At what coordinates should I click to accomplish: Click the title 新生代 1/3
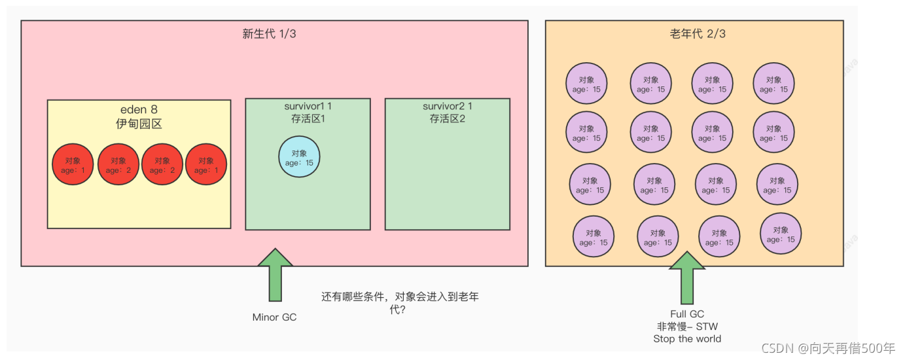(x=269, y=33)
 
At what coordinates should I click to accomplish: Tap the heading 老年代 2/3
(x=697, y=33)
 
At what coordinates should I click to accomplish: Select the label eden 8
(x=139, y=110)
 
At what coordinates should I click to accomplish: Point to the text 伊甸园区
(x=139, y=124)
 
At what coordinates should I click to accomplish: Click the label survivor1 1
(x=308, y=106)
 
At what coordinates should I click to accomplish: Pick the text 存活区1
(x=308, y=119)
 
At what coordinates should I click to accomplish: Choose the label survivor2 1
(x=447, y=106)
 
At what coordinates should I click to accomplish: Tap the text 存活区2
(x=447, y=119)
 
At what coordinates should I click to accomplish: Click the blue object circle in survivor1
(x=299, y=157)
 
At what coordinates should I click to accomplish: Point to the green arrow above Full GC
(x=687, y=278)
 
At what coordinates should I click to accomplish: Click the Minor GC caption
(x=274, y=317)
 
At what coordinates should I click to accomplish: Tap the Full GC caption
(x=687, y=314)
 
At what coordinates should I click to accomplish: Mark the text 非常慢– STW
(x=687, y=327)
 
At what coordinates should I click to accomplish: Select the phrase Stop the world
(x=687, y=339)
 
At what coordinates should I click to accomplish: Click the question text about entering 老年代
(x=400, y=302)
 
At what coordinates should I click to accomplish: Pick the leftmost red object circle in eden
(x=73, y=164)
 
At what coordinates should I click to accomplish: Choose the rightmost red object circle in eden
(x=206, y=164)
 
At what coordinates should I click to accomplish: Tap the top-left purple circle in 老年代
(x=586, y=84)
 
